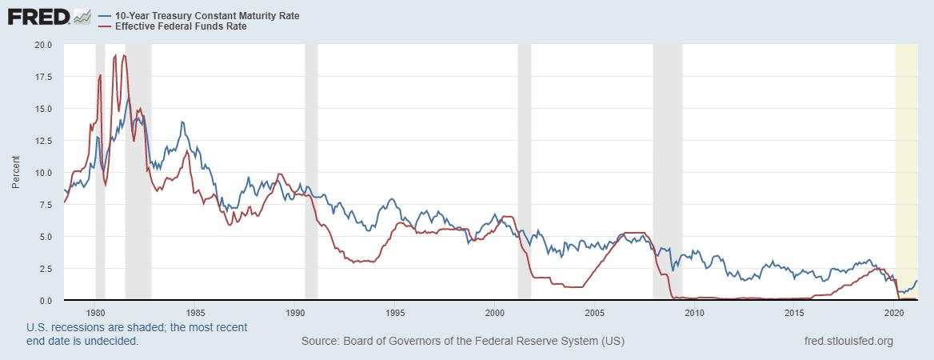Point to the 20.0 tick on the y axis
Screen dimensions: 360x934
[x=43, y=45]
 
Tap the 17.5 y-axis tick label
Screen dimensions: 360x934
[x=43, y=77]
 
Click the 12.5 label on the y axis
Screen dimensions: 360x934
[x=43, y=141]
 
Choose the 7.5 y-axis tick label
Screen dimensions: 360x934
[x=46, y=205]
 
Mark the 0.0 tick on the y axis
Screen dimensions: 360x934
[x=46, y=301]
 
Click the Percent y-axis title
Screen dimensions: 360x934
[x=16, y=173]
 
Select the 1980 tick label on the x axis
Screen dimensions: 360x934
[x=96, y=313]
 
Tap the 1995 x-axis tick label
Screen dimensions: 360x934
[x=395, y=313]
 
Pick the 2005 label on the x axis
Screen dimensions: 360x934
[x=595, y=313]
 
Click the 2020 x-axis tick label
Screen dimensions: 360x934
[x=895, y=313]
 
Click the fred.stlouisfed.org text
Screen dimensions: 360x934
[x=848, y=342]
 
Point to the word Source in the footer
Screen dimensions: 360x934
[x=319, y=342]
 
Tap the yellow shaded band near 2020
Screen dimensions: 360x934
[x=906, y=160]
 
